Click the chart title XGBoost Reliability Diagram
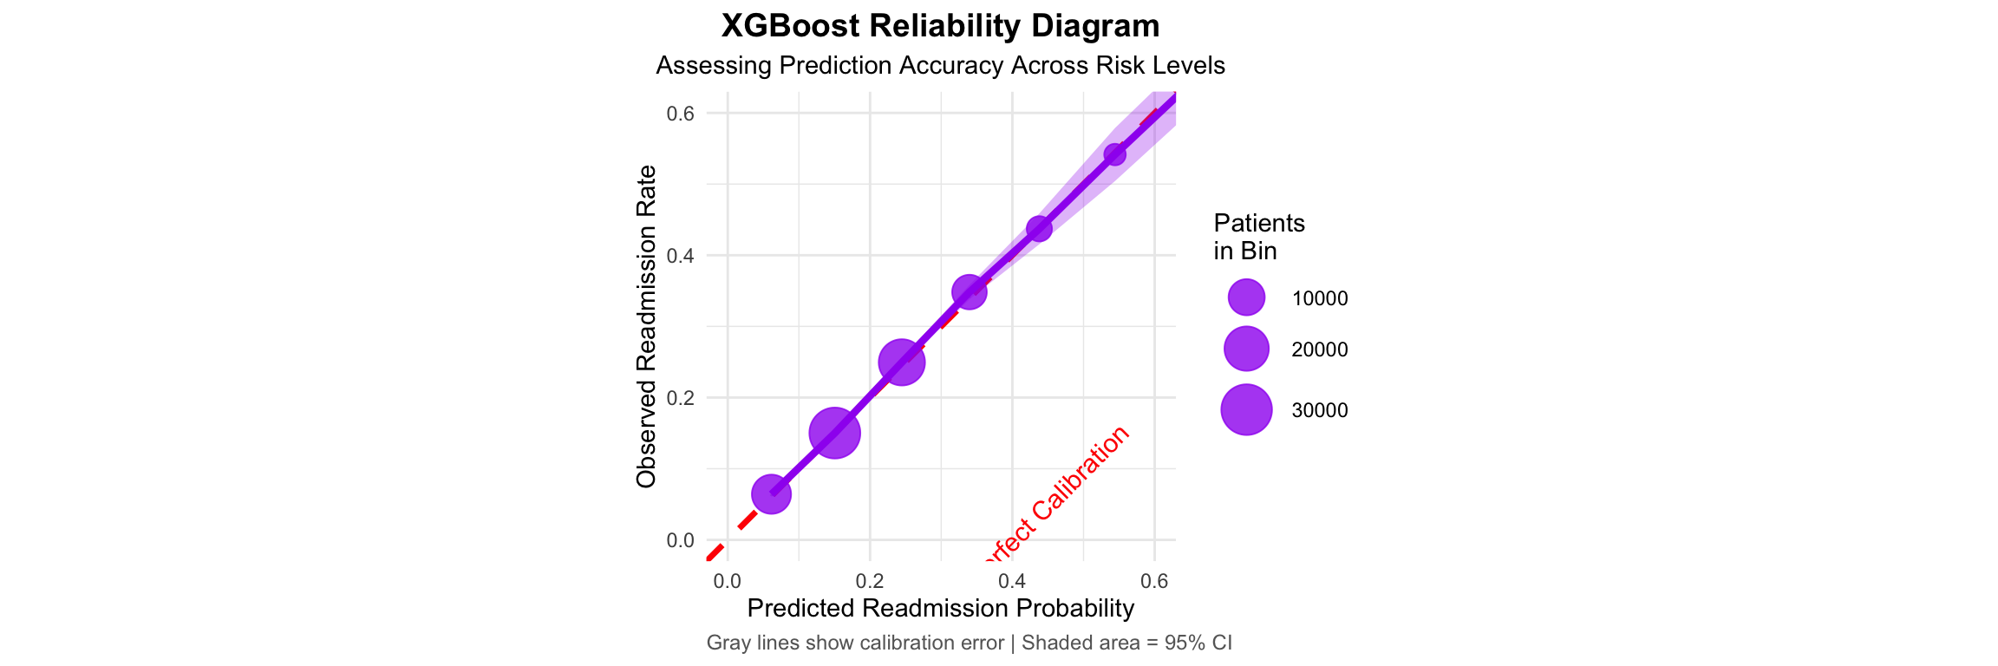(x=940, y=26)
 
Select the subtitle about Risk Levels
(x=940, y=66)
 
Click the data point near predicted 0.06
(x=771, y=494)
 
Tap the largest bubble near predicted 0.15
(x=834, y=433)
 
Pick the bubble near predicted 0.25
(x=901, y=362)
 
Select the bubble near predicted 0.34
(x=970, y=292)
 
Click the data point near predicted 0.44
(x=1039, y=229)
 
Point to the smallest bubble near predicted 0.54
(x=1115, y=154)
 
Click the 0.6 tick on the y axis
(x=681, y=114)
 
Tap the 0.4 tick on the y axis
(x=681, y=256)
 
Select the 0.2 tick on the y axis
(x=681, y=398)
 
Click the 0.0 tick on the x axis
(x=727, y=582)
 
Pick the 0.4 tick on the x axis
(x=1012, y=582)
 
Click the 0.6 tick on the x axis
(x=1154, y=582)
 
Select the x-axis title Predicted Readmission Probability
(x=940, y=609)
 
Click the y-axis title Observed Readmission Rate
(x=646, y=327)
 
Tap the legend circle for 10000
(x=1246, y=298)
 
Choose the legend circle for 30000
(x=1246, y=409)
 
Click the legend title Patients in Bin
(x=1258, y=237)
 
